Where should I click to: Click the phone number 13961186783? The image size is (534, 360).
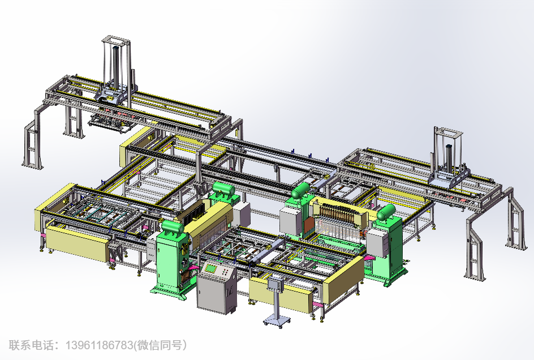(x=99, y=345)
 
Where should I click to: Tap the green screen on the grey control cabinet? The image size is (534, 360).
(x=211, y=269)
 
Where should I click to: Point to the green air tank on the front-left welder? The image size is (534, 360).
(x=173, y=227)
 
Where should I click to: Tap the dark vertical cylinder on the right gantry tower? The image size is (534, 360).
(x=448, y=158)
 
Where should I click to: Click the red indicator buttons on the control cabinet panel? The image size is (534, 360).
(x=225, y=272)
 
